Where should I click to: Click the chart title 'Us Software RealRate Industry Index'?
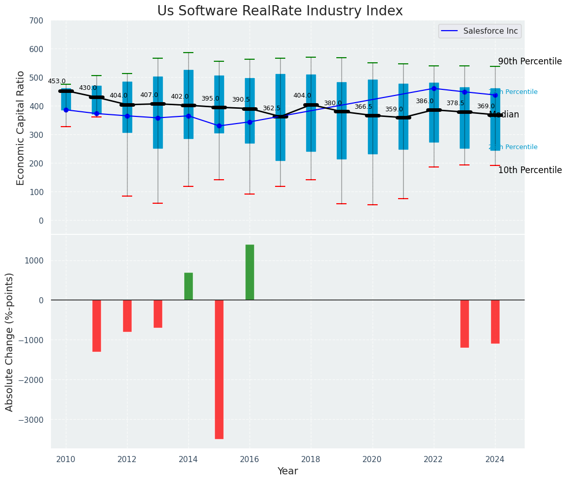point(280,11)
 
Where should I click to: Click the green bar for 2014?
point(188,286)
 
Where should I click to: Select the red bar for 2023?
point(464,324)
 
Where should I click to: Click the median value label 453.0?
point(57,81)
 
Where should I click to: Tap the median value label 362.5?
point(272,108)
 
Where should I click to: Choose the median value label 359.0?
point(394,109)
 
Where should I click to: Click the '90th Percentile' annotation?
point(530,62)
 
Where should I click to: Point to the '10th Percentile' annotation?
point(530,170)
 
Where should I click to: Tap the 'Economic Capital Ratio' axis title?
point(21,128)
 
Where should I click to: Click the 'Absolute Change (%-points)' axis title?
point(10,342)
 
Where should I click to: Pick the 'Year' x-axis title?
point(287,471)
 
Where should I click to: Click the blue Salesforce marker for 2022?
point(434,88)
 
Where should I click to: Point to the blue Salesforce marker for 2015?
point(219,126)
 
